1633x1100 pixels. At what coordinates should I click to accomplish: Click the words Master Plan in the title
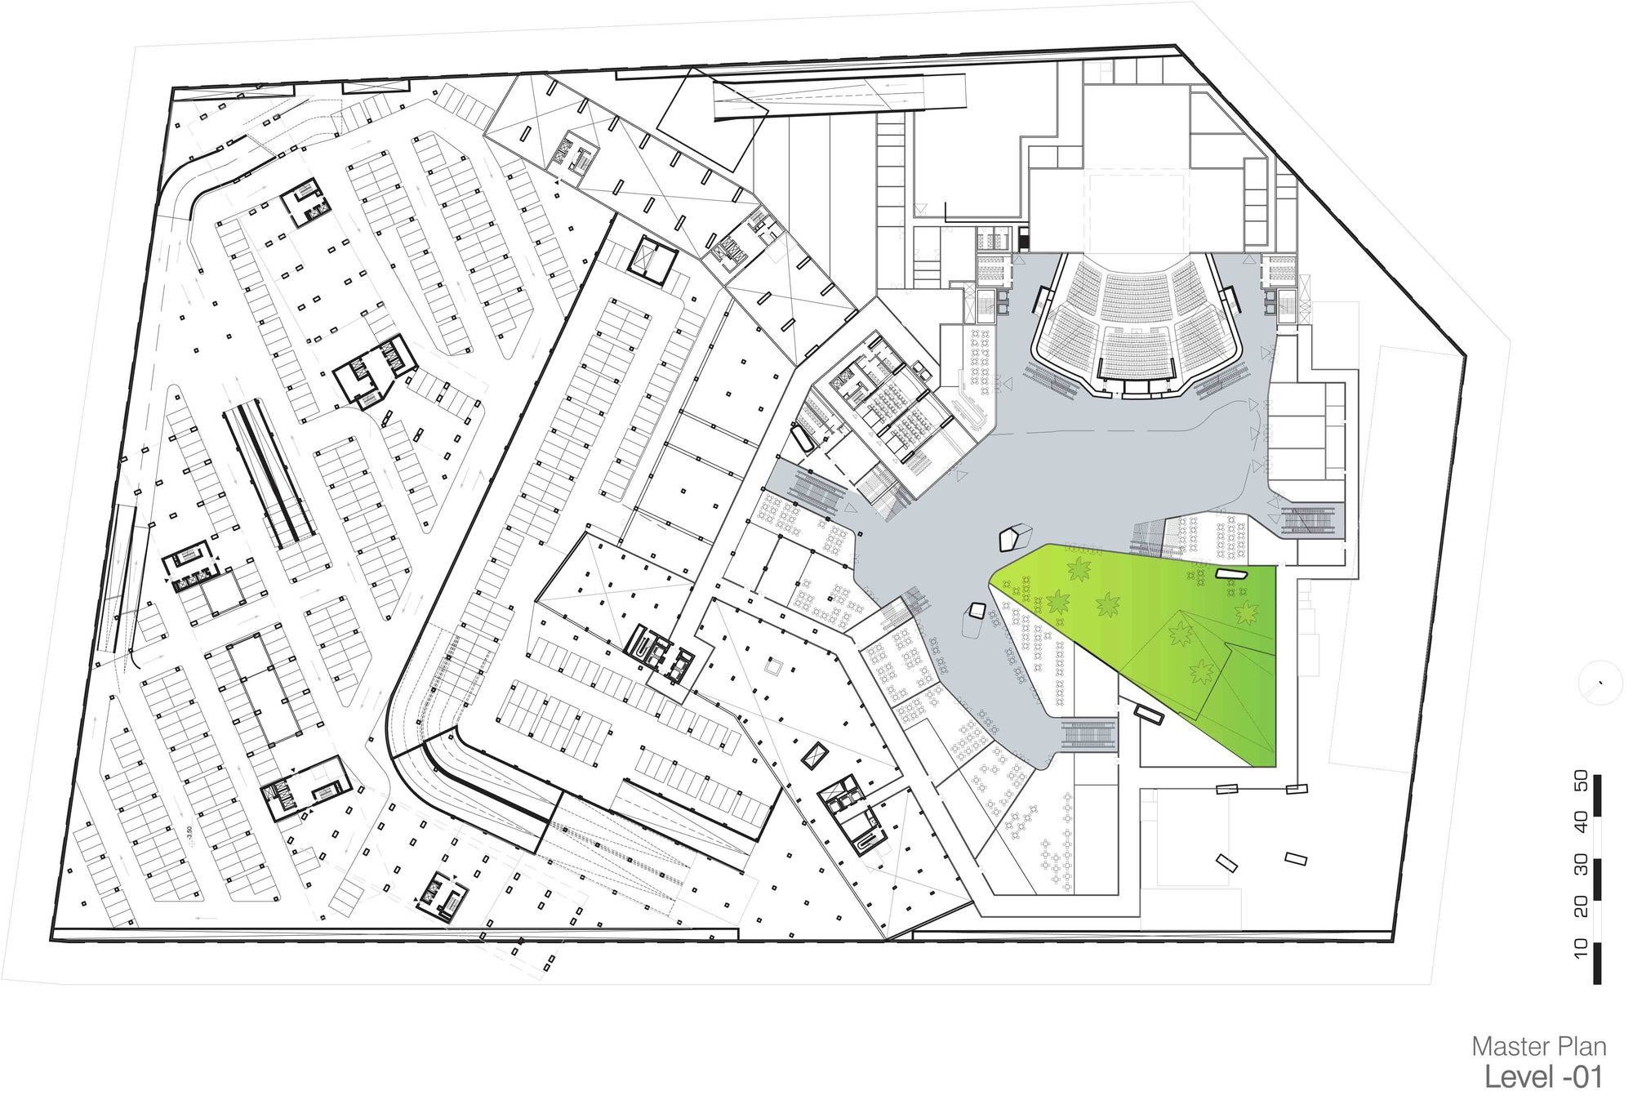point(1539,1047)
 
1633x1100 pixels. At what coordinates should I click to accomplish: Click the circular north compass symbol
point(1600,683)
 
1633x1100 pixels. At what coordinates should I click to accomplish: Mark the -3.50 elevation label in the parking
point(189,834)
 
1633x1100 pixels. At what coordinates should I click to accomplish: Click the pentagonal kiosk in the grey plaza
point(1016,537)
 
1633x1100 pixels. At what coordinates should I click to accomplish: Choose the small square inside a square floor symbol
point(773,667)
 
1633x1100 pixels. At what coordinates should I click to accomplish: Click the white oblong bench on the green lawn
point(1232,575)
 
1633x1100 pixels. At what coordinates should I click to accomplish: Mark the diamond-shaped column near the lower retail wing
point(814,755)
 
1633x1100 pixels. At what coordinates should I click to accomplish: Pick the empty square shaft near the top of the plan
point(652,259)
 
